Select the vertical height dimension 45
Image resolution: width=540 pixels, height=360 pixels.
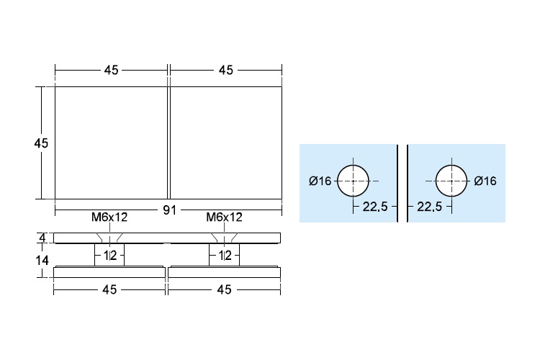pyautogui.click(x=40, y=143)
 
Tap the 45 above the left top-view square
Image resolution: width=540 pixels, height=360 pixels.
pyautogui.click(x=112, y=70)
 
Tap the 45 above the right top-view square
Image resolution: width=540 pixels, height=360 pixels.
pyautogui.click(x=225, y=70)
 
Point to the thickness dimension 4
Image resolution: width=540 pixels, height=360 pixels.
pyautogui.click(x=42, y=238)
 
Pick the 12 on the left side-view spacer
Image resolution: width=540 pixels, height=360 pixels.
pyautogui.click(x=109, y=255)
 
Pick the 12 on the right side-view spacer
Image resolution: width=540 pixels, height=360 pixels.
pyautogui.click(x=224, y=255)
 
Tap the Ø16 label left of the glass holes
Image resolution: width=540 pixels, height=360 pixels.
pyautogui.click(x=320, y=181)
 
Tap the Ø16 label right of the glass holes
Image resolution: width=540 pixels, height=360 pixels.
pyautogui.click(x=485, y=181)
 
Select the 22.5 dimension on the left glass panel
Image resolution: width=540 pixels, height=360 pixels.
pyautogui.click(x=374, y=207)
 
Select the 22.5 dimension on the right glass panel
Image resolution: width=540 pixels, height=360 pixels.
pyautogui.click(x=430, y=207)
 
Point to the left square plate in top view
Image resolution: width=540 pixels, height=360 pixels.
pyautogui.click(x=112, y=143)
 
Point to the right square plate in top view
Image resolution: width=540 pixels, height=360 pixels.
pyautogui.click(x=225, y=143)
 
